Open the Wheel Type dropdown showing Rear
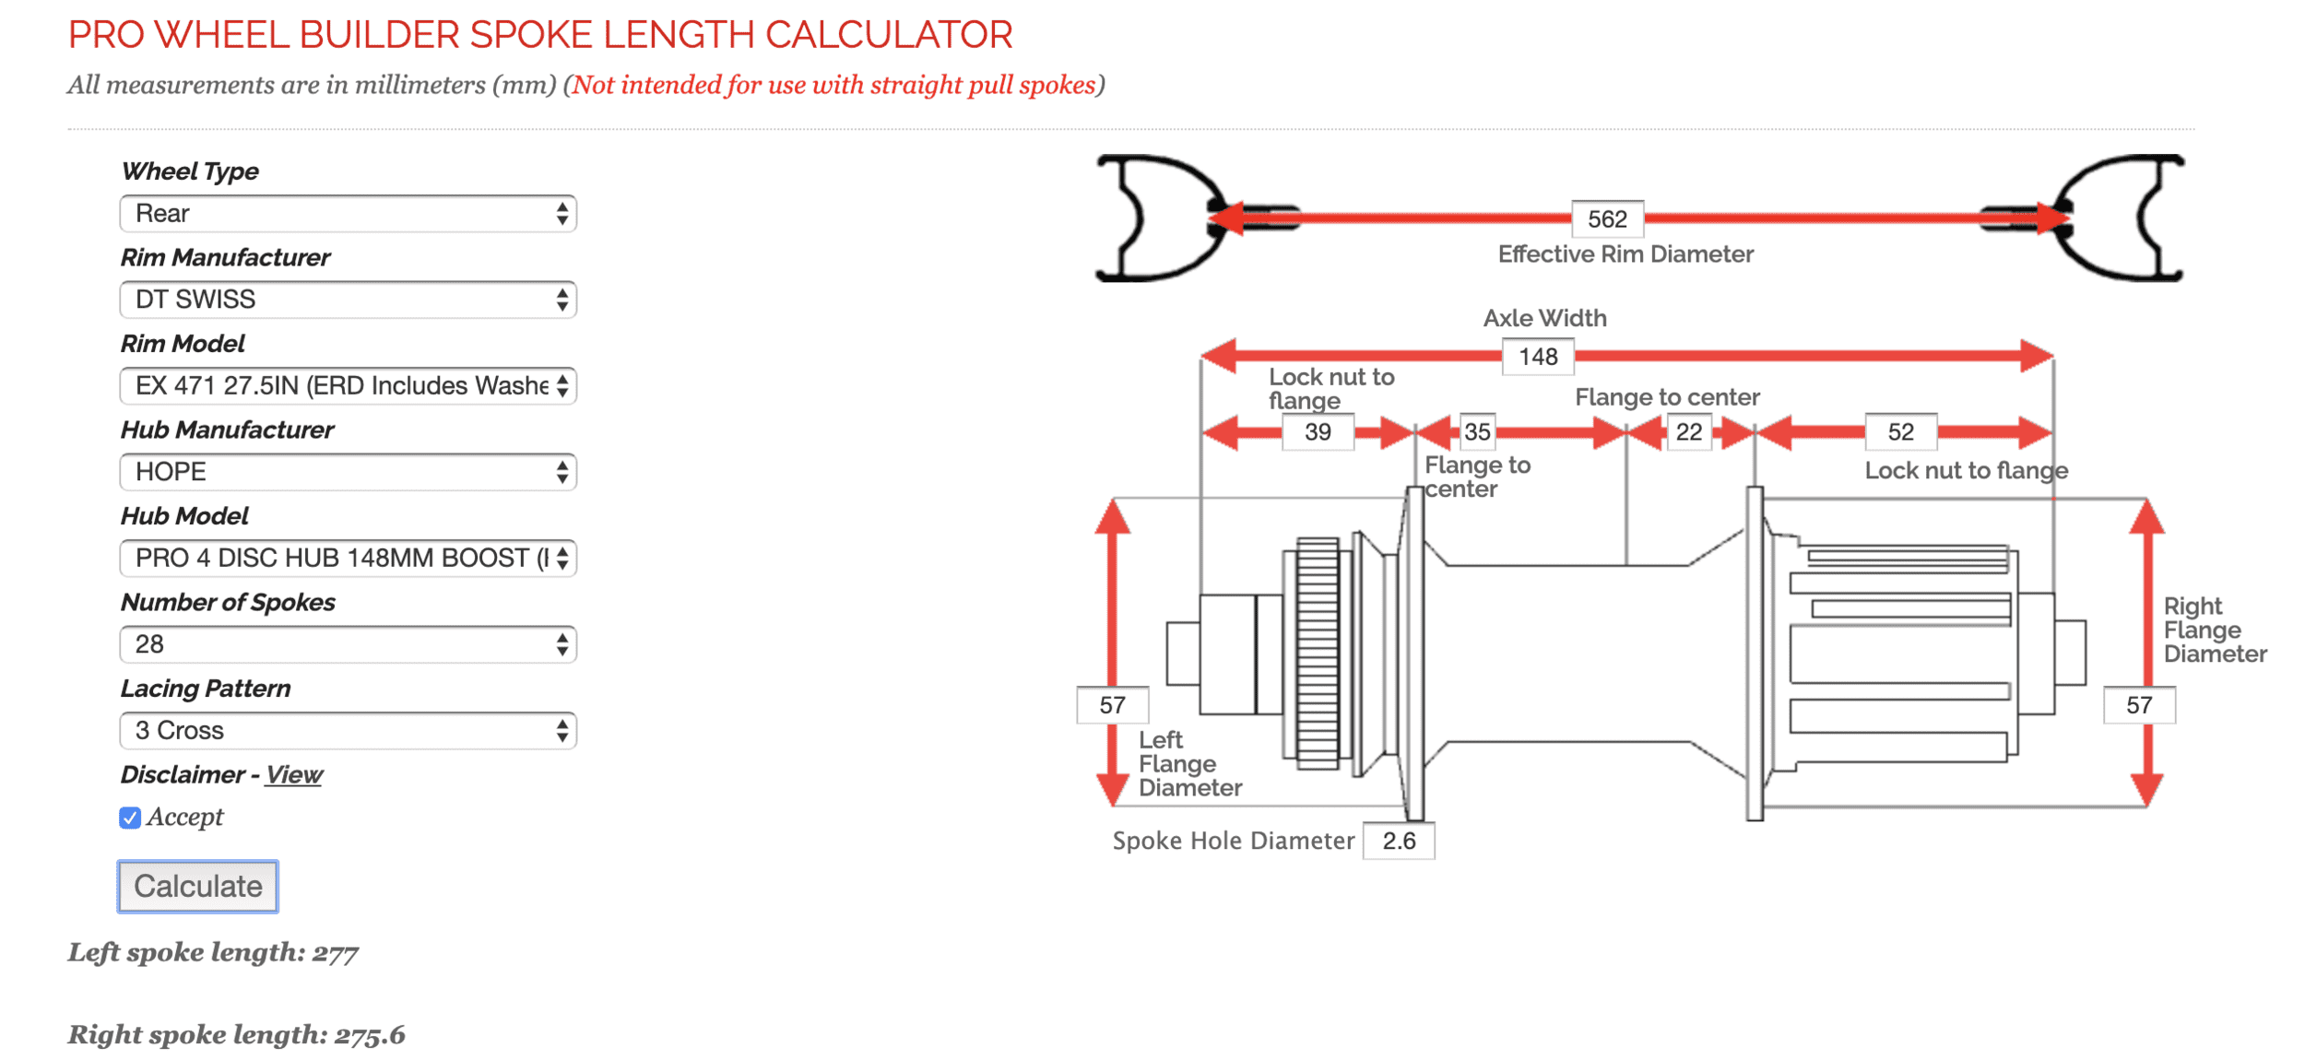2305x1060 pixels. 348,214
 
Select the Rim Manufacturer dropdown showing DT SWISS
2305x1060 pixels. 348,300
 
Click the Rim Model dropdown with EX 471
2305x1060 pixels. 348,385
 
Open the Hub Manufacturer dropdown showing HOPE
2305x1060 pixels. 348,472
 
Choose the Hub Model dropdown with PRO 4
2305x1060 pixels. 348,558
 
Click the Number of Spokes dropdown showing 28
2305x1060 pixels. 348,644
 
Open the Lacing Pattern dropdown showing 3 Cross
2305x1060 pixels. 348,730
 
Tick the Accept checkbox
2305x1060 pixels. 130,818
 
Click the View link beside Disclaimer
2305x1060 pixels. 294,774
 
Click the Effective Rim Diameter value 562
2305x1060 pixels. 1607,219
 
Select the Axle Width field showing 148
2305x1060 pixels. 1538,357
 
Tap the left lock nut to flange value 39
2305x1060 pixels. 1318,432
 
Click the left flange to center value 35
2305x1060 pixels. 1477,432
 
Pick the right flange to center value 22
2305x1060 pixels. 1688,432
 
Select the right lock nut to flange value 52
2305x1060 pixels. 1900,432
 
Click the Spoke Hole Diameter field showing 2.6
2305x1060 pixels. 1399,841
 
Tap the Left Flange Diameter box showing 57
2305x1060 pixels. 1112,706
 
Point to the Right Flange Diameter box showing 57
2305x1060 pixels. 2139,706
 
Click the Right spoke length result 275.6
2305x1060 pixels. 369,1035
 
